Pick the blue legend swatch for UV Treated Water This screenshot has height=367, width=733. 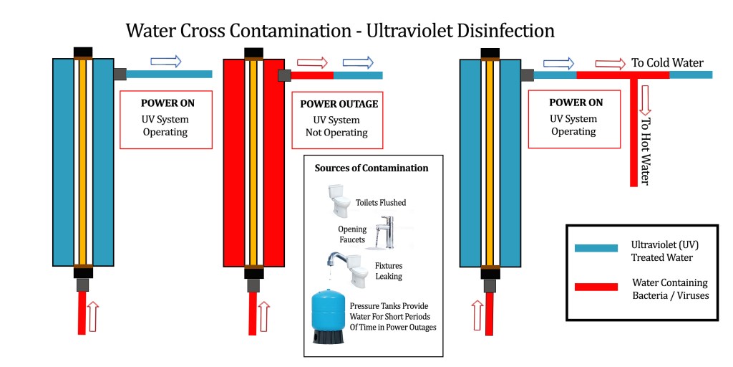pos(596,248)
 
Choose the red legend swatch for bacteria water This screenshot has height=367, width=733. pos(596,287)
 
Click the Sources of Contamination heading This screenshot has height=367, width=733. pos(372,168)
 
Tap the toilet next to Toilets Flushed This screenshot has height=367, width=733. pos(339,199)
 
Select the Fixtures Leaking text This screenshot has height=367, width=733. pos(389,270)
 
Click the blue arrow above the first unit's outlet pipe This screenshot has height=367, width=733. pos(165,62)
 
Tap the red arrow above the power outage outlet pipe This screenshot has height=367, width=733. pos(312,62)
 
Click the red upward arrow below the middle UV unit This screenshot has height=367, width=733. pos(265,316)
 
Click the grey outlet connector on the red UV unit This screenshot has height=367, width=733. pos(284,75)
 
